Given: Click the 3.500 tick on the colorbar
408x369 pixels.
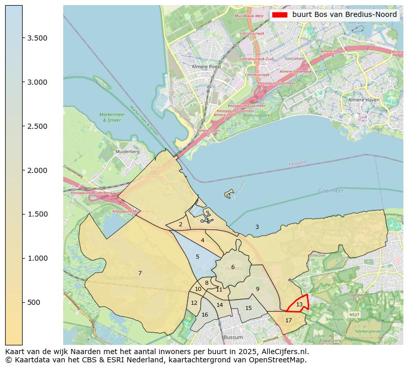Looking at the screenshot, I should [x=23, y=38].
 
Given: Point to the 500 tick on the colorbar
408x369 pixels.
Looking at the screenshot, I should [x=23, y=302].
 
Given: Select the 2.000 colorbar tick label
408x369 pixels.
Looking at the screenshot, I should [x=37, y=170].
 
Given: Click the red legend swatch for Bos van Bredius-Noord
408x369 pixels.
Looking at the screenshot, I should [x=280, y=14].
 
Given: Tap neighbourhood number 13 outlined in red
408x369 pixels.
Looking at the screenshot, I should [x=299, y=305].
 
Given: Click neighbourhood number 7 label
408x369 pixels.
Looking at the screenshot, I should [x=140, y=273].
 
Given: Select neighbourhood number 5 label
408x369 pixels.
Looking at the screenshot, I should [x=197, y=257].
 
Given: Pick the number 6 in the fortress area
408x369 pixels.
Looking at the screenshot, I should [x=233, y=267].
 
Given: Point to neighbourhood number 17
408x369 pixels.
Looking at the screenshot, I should [x=288, y=320].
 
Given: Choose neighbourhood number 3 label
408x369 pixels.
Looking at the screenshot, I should [x=257, y=227].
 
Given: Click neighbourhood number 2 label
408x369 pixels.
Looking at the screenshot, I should [x=180, y=224].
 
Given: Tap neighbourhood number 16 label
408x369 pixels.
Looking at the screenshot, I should [x=205, y=315].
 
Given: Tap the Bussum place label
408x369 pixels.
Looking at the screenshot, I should [x=233, y=337].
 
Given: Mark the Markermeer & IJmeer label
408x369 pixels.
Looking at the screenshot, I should [x=111, y=118].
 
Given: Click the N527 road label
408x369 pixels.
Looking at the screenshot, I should [x=354, y=314].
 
